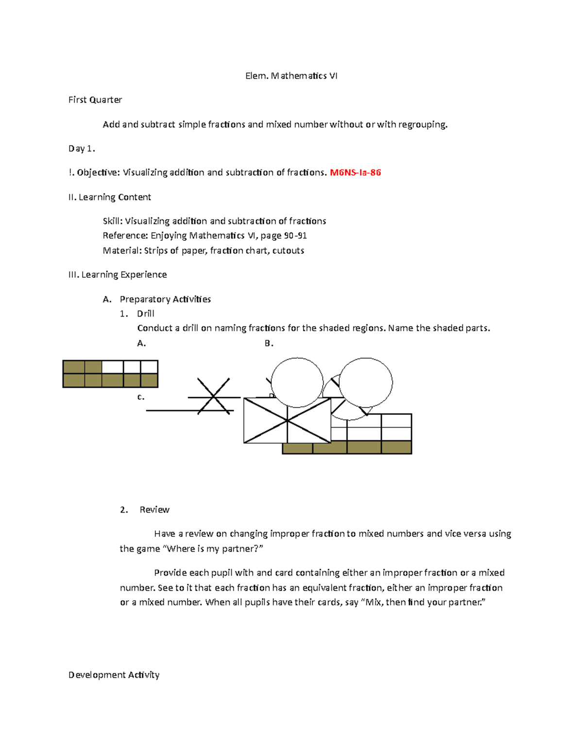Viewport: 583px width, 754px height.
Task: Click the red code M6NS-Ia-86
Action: pos(355,172)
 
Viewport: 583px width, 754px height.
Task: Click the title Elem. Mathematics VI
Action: pos(291,76)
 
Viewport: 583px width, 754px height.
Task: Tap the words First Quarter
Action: pos(95,100)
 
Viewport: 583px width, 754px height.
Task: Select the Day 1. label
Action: pos(82,149)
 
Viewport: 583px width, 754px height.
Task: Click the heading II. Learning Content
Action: pos(110,197)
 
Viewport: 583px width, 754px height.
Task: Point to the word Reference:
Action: pos(125,235)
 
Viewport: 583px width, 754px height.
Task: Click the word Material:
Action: pos(122,251)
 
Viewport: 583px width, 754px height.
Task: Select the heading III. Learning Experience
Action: pos(118,275)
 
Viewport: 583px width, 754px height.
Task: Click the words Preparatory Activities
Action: pos(165,299)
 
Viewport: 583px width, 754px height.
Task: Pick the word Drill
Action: pos(145,314)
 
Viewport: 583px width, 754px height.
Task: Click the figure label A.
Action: pos(141,343)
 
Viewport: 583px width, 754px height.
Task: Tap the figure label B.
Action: pos(269,343)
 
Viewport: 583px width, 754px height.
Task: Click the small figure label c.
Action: pos(141,397)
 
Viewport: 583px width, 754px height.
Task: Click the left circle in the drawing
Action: pos(297,383)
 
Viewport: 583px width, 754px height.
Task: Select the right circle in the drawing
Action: pos(365,383)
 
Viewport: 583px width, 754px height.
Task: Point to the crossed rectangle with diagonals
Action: pos(287,420)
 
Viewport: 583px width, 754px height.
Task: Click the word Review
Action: pos(154,509)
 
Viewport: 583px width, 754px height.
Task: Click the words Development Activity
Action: pos(114,675)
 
